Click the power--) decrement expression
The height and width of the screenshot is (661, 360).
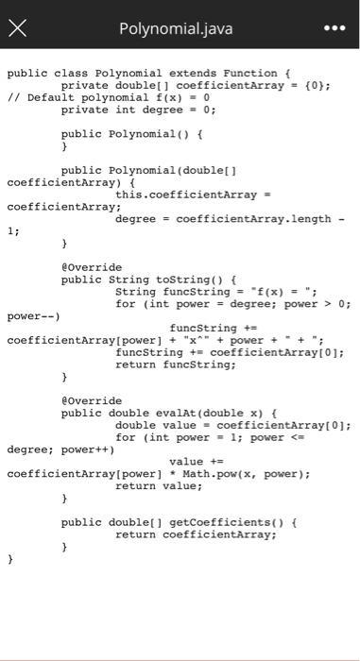[x=34, y=316]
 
